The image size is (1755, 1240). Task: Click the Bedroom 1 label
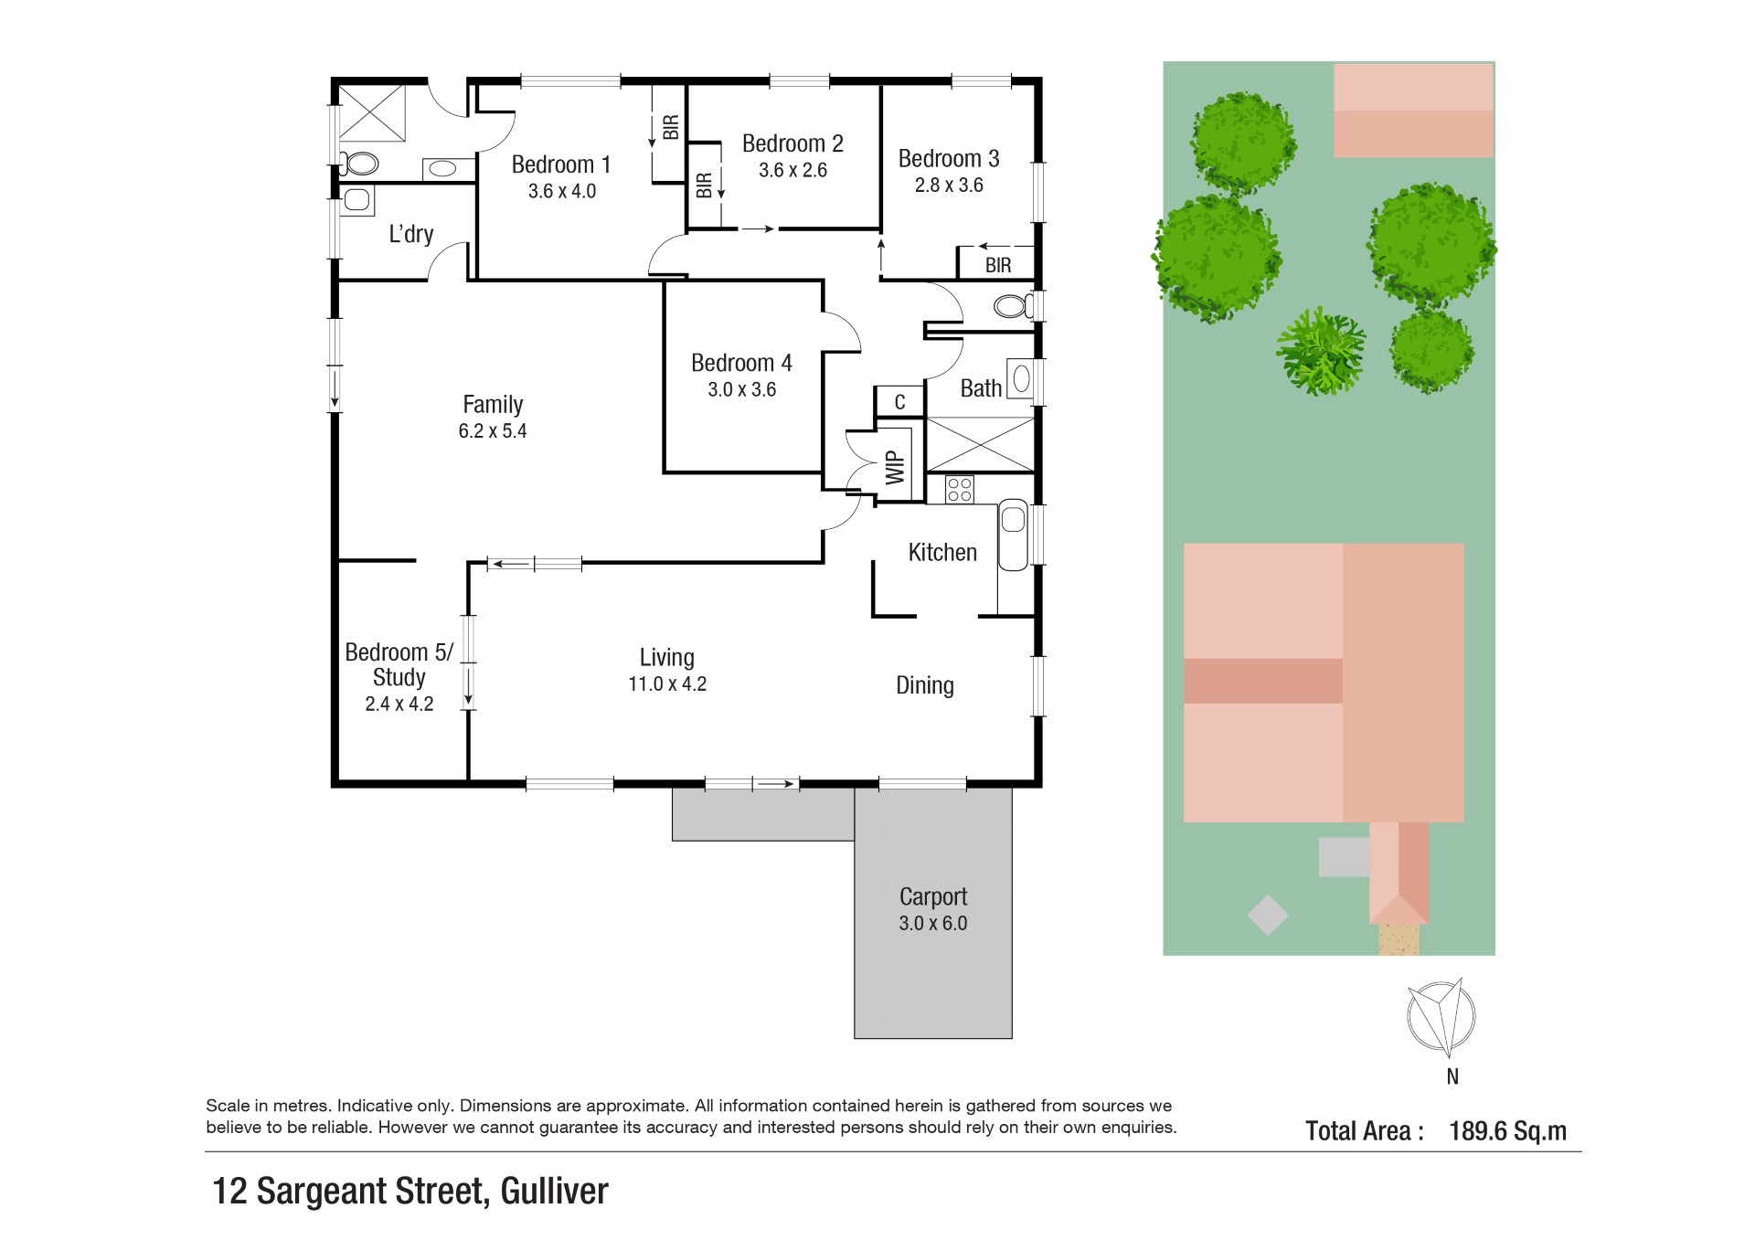[560, 164]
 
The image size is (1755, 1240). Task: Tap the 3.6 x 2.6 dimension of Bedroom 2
[792, 170]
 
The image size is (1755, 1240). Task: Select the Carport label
[932, 896]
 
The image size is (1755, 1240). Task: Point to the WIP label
[895, 468]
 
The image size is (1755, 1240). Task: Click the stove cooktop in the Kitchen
[959, 489]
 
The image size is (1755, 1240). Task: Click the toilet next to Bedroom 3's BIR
[1013, 305]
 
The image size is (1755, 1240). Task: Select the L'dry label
[410, 234]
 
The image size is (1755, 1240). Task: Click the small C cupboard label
[899, 402]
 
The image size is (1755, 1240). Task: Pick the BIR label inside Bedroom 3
[998, 265]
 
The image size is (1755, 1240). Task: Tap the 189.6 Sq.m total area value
[1507, 1131]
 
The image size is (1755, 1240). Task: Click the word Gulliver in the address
[554, 1191]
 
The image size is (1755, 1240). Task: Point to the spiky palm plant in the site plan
[1321, 351]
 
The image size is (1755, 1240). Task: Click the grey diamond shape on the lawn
[1268, 915]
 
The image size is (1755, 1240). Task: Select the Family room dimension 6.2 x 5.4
[493, 431]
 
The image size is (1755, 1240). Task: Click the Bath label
[981, 388]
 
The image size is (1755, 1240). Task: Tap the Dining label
[925, 686]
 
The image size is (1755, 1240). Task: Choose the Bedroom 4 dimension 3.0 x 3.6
[741, 389]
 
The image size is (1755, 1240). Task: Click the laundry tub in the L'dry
[357, 200]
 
